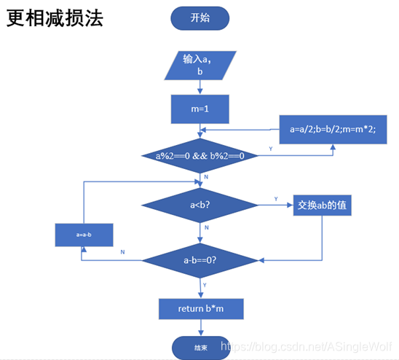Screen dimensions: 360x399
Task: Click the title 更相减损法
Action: point(55,18)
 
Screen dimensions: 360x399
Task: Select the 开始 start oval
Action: point(199,19)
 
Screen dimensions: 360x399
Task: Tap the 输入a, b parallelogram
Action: point(199,65)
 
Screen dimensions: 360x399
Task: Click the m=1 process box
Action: point(199,109)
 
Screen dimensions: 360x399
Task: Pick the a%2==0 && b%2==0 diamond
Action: point(199,155)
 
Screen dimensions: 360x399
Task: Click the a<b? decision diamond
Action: point(199,205)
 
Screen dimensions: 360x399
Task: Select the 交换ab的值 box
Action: point(322,206)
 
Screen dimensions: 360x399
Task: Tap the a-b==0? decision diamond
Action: point(199,259)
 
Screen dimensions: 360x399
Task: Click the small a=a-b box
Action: point(83,235)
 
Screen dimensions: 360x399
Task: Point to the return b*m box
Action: point(200,308)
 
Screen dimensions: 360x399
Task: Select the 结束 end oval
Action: point(199,348)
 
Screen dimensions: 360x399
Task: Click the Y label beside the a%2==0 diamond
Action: point(271,148)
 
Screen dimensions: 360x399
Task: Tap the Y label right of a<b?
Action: point(275,198)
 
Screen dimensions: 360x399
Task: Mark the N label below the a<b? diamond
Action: point(207,228)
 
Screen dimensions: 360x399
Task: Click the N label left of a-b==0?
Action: point(122,251)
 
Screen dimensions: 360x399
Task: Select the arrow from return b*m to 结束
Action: point(199,328)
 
